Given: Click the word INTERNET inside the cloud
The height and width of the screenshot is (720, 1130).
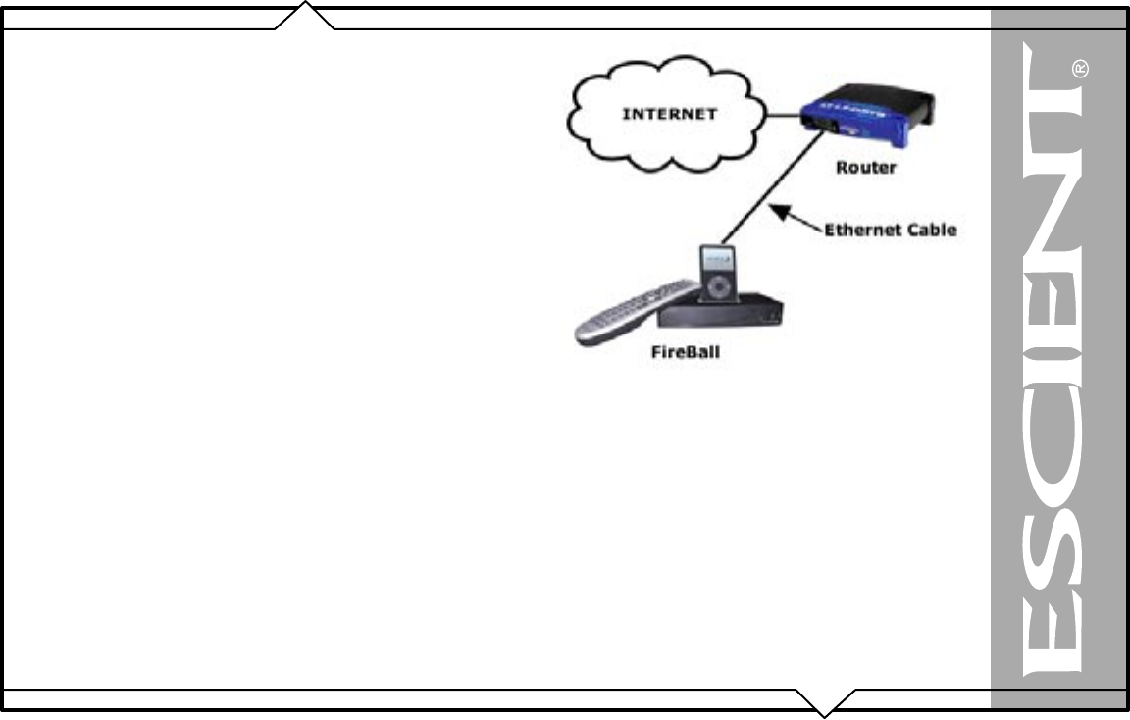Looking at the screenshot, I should coord(670,114).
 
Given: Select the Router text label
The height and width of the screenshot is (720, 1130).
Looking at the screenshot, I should coord(865,168).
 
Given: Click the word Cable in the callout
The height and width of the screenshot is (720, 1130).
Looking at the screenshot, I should coord(932,231).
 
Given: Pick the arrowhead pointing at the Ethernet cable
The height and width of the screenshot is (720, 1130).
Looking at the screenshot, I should coord(777,208).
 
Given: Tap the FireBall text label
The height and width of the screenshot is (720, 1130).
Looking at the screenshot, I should coord(686,351).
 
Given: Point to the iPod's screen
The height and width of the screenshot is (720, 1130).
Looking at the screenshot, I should coord(721,262).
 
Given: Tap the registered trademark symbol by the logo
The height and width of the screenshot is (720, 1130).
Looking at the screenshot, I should coord(1081,70).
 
